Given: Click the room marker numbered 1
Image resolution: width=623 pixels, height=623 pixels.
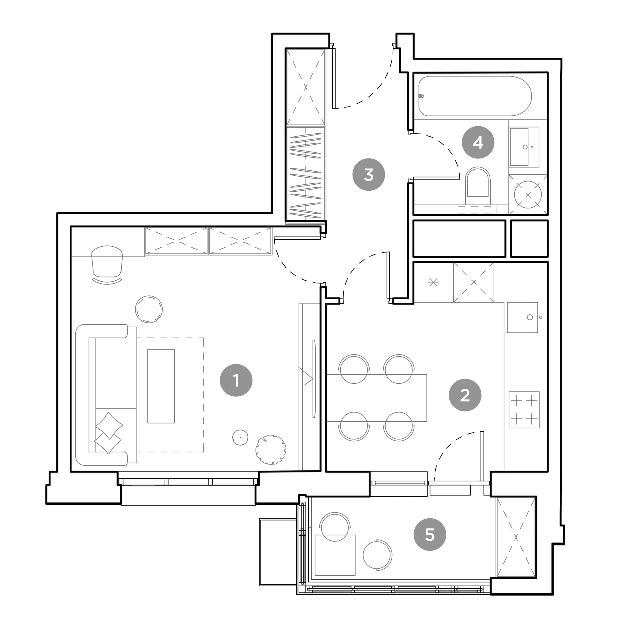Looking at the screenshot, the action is click(x=236, y=380).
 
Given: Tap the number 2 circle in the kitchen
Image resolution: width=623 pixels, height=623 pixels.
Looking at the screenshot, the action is click(x=465, y=395).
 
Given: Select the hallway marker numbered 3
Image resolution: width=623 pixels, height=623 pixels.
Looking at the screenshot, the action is click(x=369, y=174).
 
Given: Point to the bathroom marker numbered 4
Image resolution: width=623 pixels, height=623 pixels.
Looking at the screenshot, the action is click(x=478, y=142).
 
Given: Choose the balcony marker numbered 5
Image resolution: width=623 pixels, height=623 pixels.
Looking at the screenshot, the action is click(x=430, y=534).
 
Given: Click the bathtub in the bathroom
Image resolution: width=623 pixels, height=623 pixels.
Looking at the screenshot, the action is click(x=475, y=96).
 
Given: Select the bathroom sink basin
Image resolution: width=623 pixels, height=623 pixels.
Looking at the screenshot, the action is click(x=524, y=147).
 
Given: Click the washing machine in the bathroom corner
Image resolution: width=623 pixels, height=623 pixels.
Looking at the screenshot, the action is click(x=528, y=194).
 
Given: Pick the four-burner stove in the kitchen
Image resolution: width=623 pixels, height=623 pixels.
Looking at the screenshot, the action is click(x=524, y=410).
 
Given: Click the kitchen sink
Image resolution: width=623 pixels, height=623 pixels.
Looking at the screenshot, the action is click(x=522, y=317).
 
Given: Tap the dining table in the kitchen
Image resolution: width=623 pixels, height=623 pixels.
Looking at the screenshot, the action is click(x=377, y=398).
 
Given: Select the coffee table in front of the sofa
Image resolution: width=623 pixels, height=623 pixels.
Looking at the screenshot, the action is click(x=161, y=386).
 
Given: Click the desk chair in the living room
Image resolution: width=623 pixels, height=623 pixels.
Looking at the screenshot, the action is click(x=107, y=265).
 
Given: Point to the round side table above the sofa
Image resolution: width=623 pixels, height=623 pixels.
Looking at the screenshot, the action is click(x=149, y=309).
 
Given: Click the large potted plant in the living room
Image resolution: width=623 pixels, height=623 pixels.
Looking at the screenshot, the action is click(x=271, y=450).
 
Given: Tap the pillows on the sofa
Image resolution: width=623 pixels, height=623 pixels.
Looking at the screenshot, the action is click(x=109, y=433).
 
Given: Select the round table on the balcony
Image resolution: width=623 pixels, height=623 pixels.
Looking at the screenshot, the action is click(x=377, y=555).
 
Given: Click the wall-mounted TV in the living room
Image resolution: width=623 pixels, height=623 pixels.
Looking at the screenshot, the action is click(x=314, y=378).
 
